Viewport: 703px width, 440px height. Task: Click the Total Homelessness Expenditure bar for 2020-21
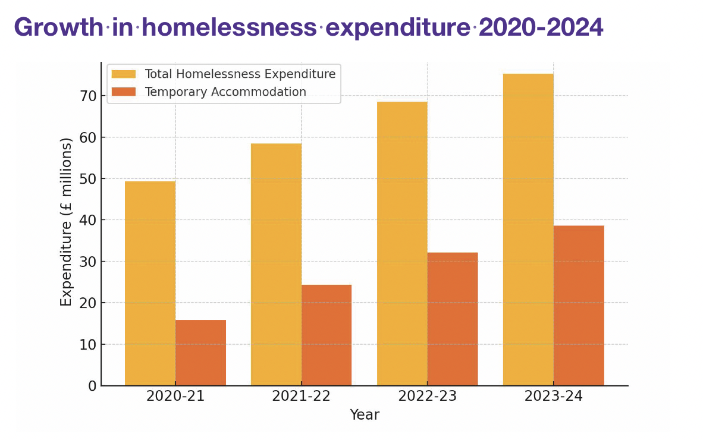[150, 284]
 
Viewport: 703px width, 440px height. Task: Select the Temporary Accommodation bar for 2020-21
[200, 353]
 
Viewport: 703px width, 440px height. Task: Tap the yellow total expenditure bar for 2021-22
[276, 265]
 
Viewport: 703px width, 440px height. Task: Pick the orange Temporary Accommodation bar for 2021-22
[327, 335]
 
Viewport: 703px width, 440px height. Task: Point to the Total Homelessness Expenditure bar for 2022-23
[402, 244]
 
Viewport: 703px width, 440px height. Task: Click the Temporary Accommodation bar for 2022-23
[453, 319]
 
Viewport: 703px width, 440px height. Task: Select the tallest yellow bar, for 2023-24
[528, 230]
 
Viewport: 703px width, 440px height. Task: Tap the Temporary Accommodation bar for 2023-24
[579, 306]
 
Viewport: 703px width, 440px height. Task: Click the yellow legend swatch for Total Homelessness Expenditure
[124, 74]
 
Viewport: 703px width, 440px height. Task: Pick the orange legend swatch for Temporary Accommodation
[124, 92]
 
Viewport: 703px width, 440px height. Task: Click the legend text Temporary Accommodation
[225, 92]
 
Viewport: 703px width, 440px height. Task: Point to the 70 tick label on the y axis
[88, 96]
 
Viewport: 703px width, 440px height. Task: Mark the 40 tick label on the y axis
[88, 220]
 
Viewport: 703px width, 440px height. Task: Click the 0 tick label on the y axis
[92, 386]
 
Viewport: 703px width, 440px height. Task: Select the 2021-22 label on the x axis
[301, 397]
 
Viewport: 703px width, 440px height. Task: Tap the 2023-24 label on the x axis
[553, 397]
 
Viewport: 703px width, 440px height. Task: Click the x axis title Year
[365, 415]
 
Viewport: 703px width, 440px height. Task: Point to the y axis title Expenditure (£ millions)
[66, 222]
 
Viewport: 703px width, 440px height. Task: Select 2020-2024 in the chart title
[541, 27]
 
